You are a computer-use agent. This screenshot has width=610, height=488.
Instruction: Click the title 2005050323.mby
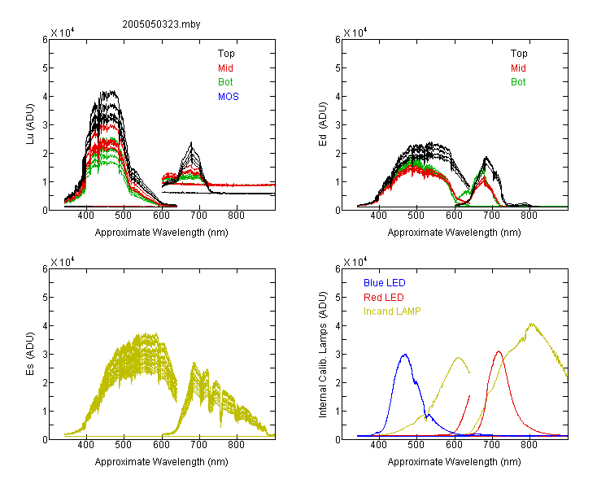click(161, 24)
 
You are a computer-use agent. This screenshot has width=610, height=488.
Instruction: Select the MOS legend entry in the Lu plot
click(229, 97)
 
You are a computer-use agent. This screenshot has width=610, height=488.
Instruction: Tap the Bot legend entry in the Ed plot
click(518, 82)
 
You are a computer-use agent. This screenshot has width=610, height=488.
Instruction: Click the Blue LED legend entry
click(385, 283)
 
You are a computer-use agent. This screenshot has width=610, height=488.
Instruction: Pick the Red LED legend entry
click(384, 298)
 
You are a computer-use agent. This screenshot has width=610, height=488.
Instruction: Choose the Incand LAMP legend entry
click(392, 312)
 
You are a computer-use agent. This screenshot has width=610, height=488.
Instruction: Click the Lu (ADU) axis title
click(30, 124)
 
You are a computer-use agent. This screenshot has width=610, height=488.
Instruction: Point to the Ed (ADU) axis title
click(323, 124)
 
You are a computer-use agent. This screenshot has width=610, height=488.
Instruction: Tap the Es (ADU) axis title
click(30, 354)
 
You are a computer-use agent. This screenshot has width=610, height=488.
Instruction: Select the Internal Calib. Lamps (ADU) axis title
click(323, 355)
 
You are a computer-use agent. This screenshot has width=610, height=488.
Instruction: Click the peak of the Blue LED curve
click(405, 355)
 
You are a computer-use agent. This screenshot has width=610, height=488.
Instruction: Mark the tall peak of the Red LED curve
click(499, 351)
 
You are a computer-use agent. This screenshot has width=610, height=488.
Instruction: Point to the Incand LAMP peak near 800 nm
click(531, 324)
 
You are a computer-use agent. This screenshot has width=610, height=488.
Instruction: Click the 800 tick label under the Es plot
click(236, 445)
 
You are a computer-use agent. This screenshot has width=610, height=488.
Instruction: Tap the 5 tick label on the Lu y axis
click(45, 68)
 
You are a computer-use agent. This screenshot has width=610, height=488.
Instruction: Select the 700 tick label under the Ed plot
click(492, 216)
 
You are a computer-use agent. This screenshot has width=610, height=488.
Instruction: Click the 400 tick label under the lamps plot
click(379, 445)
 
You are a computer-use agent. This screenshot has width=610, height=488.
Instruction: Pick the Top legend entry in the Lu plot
click(226, 54)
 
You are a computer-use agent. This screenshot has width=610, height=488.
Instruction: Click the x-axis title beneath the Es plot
click(162, 462)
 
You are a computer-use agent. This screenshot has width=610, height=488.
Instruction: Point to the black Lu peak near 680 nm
click(191, 143)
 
